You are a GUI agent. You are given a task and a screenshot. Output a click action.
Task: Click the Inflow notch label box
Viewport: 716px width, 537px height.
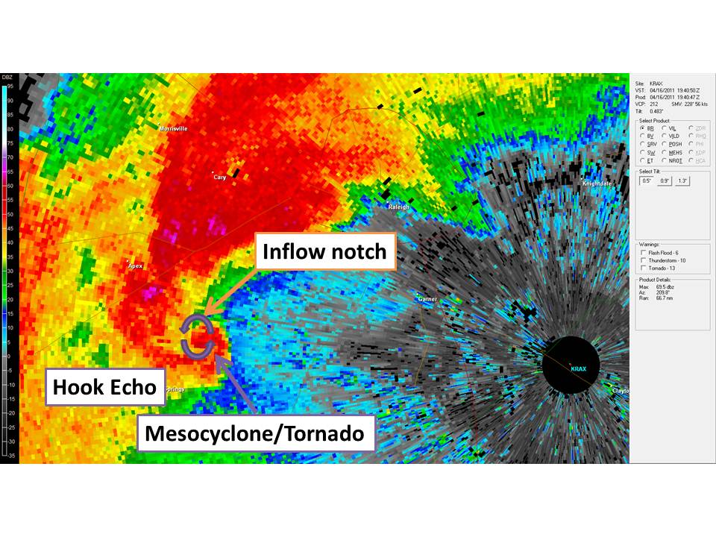[x=324, y=252]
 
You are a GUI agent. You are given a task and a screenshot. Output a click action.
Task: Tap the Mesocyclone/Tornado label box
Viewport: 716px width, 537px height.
[x=255, y=433]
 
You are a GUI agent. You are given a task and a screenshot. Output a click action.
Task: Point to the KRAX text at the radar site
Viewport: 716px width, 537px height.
[x=579, y=369]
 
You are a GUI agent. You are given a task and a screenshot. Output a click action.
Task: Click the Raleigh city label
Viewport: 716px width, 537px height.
[x=398, y=207]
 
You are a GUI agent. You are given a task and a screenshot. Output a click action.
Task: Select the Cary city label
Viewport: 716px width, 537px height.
[x=220, y=178]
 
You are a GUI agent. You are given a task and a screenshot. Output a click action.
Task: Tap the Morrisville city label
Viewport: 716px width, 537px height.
[x=173, y=128]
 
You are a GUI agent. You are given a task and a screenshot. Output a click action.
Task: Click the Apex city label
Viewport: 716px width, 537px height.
[x=135, y=266]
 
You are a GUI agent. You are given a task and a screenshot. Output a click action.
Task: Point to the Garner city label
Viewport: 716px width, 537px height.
[x=427, y=299]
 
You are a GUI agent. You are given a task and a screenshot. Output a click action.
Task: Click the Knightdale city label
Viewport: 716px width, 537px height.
[x=597, y=183]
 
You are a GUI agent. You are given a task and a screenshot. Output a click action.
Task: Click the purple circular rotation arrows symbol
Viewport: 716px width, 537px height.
[x=198, y=338]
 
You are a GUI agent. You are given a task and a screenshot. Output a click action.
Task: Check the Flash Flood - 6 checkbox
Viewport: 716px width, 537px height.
[x=643, y=253]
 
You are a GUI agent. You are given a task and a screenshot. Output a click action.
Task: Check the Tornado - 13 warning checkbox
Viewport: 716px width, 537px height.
[x=643, y=268]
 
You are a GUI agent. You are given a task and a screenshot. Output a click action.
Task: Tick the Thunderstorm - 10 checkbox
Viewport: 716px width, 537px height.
[x=643, y=260]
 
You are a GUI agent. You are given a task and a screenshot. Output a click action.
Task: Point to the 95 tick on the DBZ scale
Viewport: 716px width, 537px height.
[x=9, y=87]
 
